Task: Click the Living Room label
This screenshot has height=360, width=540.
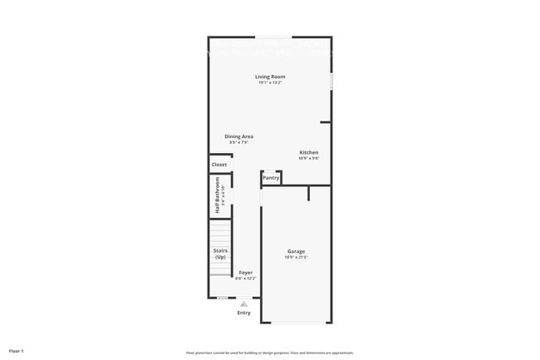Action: click(270, 76)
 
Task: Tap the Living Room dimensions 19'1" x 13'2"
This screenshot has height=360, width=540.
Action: click(270, 82)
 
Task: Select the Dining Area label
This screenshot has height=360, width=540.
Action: click(238, 136)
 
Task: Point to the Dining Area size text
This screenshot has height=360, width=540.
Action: click(238, 142)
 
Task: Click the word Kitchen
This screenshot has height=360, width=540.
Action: click(309, 152)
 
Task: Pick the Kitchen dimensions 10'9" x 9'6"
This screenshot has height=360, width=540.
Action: click(309, 158)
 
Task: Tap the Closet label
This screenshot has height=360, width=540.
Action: click(219, 165)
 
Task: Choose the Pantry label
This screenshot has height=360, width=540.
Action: click(271, 177)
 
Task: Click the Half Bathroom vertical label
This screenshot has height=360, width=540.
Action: click(217, 199)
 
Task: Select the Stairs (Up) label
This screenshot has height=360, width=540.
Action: click(220, 254)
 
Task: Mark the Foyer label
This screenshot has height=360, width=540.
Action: click(246, 272)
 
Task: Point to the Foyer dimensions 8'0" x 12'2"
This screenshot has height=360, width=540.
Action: click(246, 278)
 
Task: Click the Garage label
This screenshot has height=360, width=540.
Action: click(297, 251)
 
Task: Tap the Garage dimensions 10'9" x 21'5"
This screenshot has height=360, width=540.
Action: click(297, 257)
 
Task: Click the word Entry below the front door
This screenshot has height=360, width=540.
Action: click(243, 313)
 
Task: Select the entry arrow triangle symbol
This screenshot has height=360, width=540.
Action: click(243, 303)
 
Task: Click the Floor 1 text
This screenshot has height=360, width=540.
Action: click(17, 351)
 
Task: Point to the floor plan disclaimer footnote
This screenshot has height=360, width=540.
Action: click(270, 353)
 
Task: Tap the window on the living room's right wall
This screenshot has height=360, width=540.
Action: click(331, 82)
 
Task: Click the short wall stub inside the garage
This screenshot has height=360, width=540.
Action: click(309, 194)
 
